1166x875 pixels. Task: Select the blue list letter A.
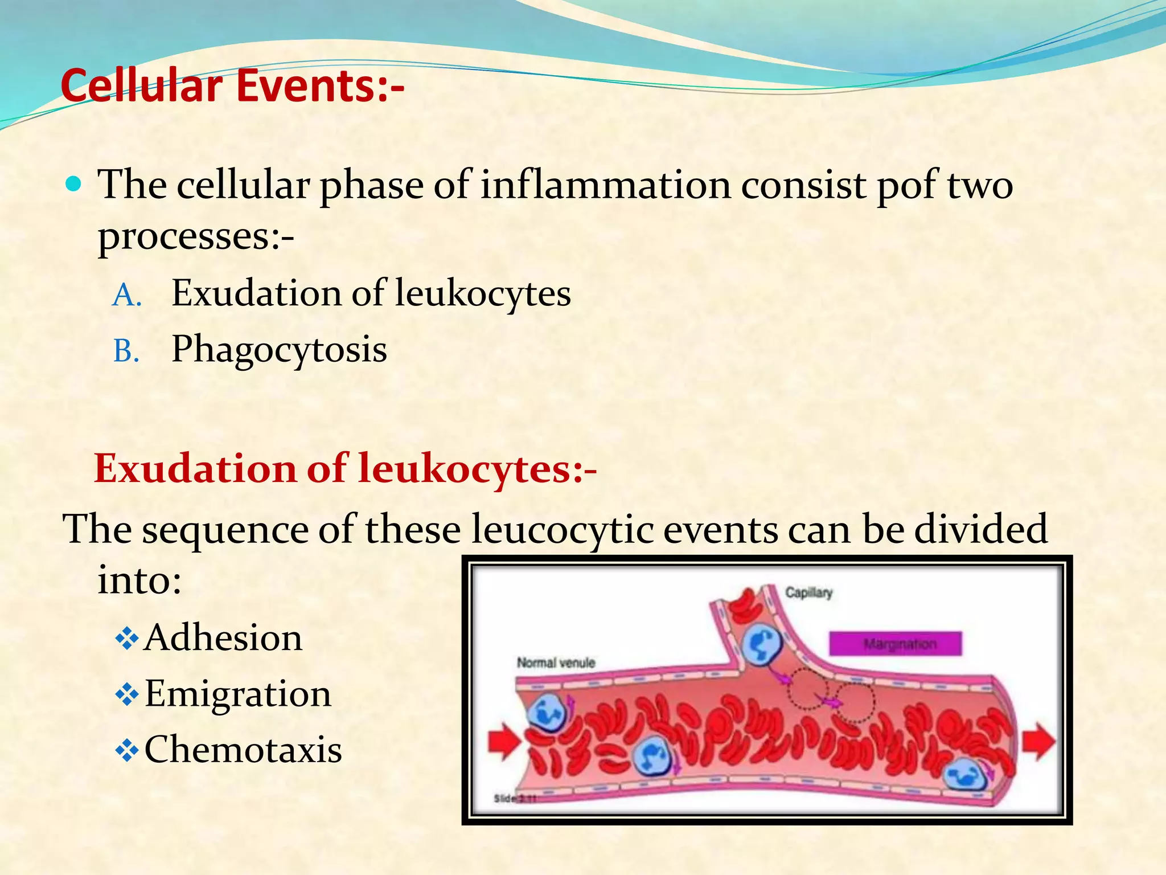coord(126,296)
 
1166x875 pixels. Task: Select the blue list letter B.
coord(126,351)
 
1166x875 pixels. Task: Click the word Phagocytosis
coord(279,350)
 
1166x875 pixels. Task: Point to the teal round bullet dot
coord(74,184)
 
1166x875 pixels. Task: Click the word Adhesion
coord(223,637)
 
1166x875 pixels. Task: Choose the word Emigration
coord(237,694)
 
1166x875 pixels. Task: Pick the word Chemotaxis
coord(243,750)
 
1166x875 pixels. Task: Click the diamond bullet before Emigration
coord(126,694)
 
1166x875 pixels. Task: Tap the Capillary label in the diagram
coord(808,593)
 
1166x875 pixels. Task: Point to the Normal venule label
coord(556,663)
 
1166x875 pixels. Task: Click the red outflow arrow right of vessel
coord(1038,741)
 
